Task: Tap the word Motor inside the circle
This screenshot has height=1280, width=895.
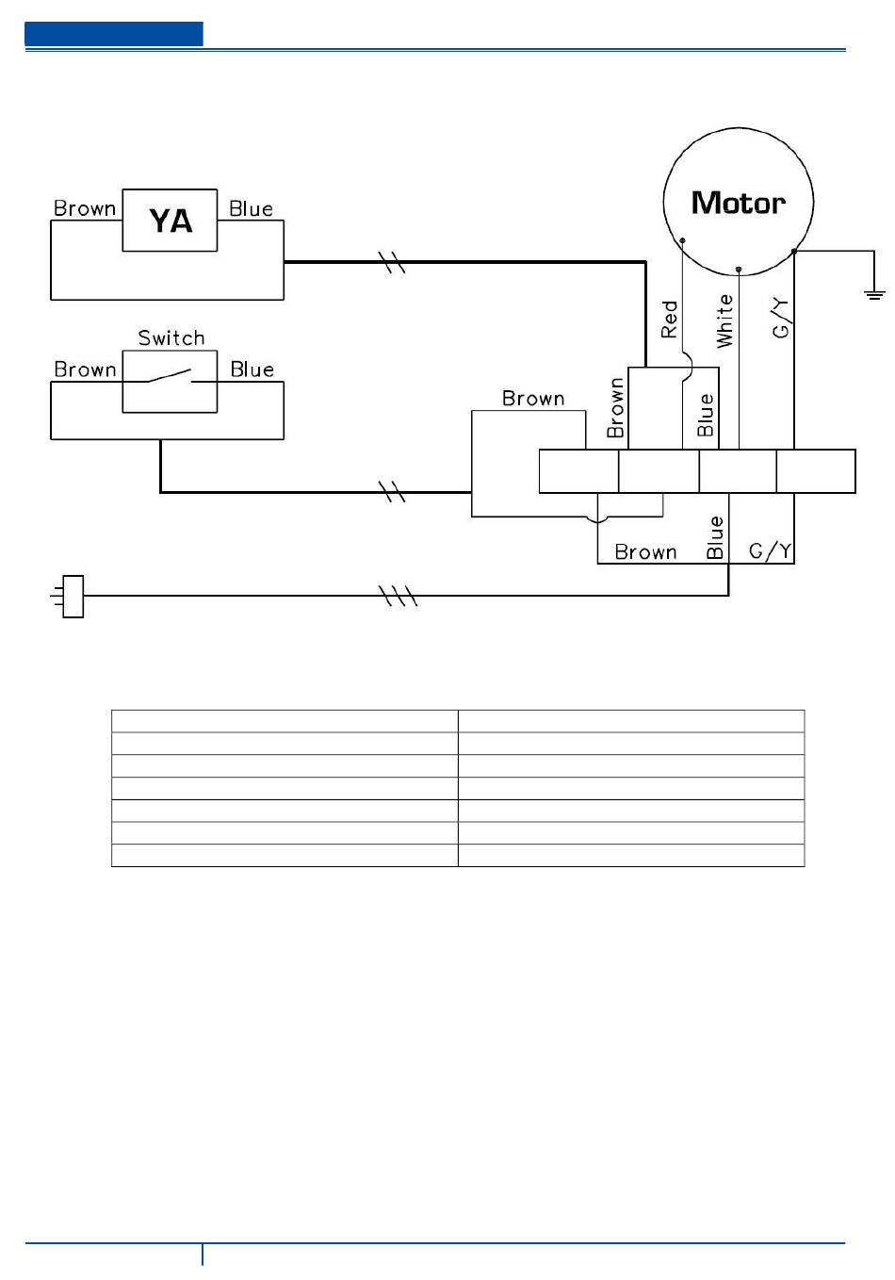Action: point(738,203)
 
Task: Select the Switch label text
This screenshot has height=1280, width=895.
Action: point(171,337)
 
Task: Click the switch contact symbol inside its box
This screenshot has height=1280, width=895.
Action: point(170,376)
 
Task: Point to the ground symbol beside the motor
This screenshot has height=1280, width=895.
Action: point(874,295)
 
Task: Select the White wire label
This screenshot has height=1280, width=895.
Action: point(724,321)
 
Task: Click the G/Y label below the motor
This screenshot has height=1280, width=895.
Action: point(780,319)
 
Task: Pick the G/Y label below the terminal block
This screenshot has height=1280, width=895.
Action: point(770,550)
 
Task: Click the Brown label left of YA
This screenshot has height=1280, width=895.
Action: point(85,208)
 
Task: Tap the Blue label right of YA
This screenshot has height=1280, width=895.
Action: point(251,208)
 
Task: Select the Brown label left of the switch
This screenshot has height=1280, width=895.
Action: point(85,369)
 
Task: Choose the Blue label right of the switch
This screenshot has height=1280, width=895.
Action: point(252,369)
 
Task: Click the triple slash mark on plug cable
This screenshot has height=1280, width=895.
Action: point(399,596)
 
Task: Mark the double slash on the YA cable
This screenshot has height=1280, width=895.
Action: point(392,262)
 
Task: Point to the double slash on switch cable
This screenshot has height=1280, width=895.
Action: point(392,492)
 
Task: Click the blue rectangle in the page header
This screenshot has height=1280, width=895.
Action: point(114,34)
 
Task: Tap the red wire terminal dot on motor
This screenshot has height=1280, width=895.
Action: point(682,240)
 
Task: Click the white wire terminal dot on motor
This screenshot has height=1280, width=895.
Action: point(739,270)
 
